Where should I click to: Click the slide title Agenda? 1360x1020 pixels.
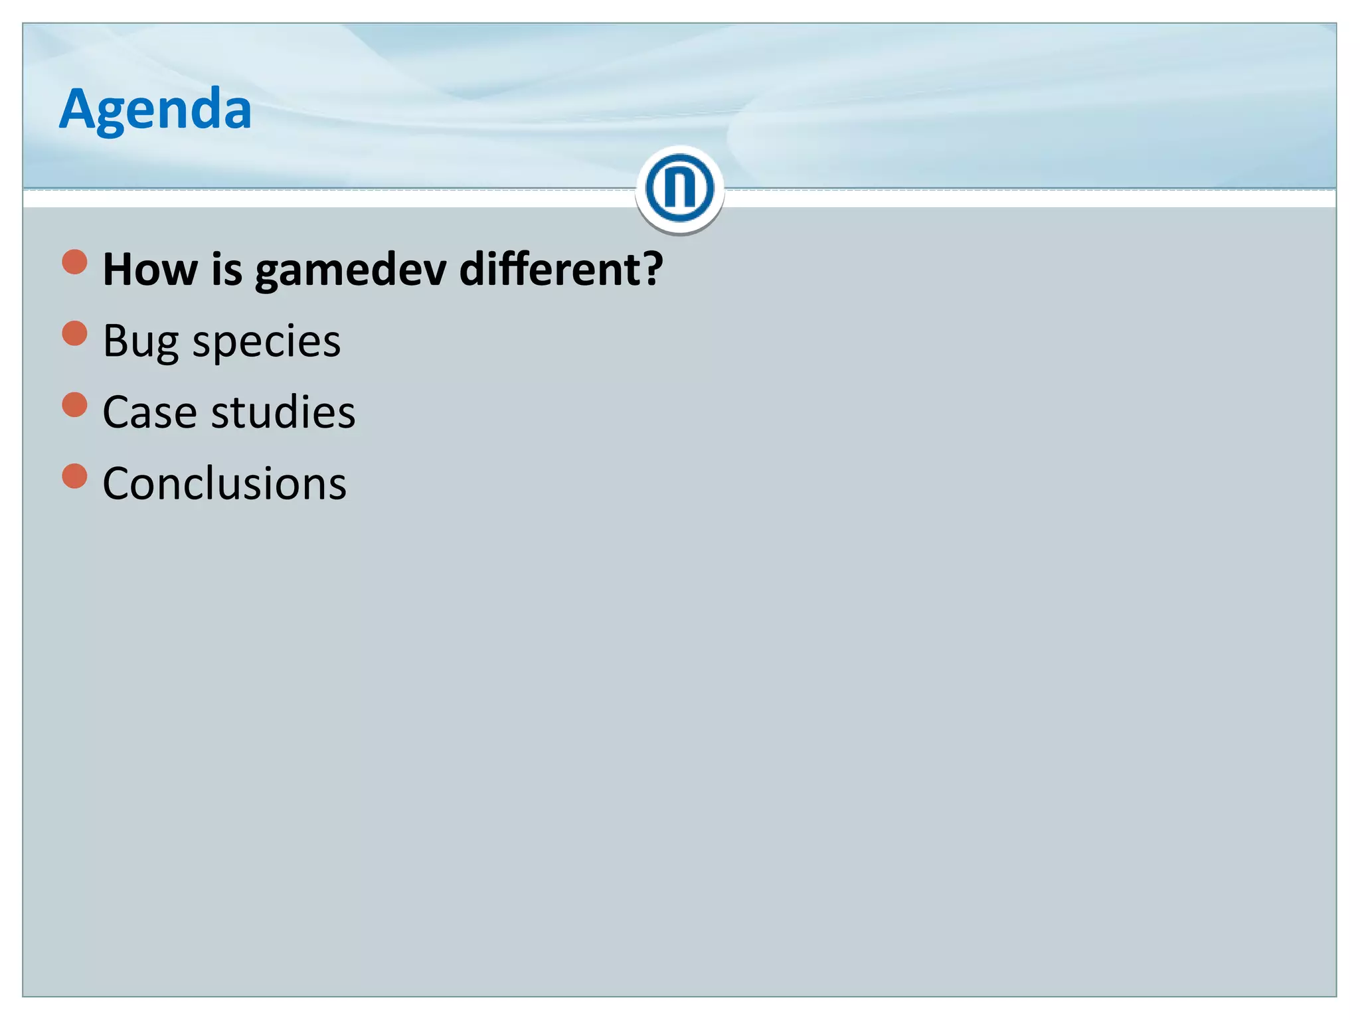click(155, 109)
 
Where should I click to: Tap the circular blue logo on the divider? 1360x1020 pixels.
click(679, 189)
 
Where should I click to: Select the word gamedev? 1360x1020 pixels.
click(350, 271)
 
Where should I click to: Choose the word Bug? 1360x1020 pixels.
click(141, 342)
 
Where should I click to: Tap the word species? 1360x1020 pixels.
click(266, 342)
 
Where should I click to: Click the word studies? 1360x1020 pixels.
click(284, 412)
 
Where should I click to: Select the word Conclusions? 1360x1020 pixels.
click(224, 483)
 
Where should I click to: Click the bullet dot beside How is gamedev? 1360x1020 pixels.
click(75, 262)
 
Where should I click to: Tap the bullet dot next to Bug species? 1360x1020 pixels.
click(75, 333)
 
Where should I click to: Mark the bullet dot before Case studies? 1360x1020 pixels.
click(75, 404)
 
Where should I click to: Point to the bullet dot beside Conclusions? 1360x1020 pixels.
click(75, 475)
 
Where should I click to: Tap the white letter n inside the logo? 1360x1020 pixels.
click(679, 189)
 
